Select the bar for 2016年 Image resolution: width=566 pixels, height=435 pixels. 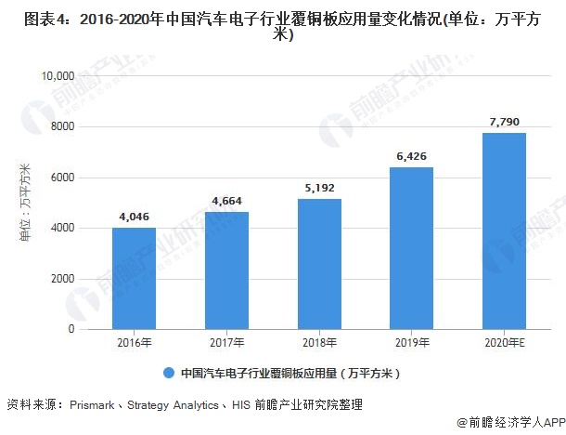(x=134, y=278)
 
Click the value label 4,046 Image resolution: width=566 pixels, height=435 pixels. (x=134, y=217)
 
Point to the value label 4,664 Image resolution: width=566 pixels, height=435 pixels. (x=226, y=201)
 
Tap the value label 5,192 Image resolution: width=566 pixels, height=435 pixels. (x=319, y=188)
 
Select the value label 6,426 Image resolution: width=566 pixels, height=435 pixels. (x=411, y=156)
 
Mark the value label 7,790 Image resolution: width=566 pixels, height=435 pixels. (x=504, y=122)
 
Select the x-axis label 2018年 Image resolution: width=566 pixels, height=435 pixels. (x=319, y=343)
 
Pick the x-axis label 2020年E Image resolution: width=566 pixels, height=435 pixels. (x=504, y=343)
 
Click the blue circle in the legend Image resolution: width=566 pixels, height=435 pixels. (x=168, y=373)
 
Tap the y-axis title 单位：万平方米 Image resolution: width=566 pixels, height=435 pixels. (x=25, y=203)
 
